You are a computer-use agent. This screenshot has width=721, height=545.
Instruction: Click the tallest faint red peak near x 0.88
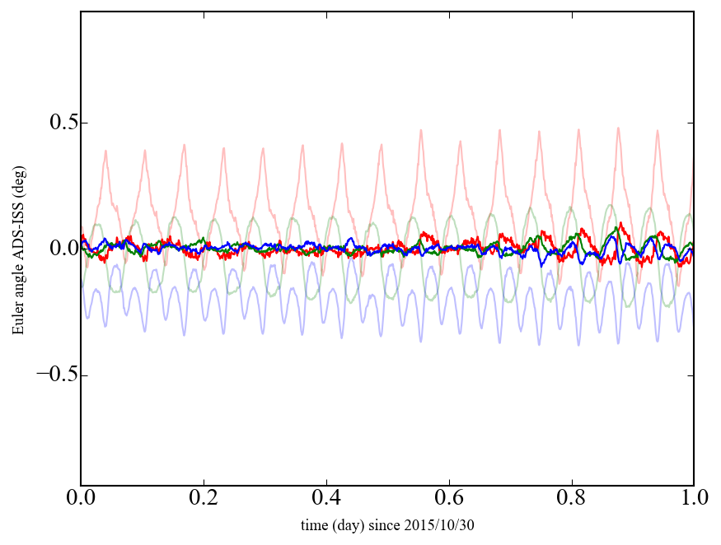pos(618,128)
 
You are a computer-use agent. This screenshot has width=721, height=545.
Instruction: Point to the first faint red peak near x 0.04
pos(105,151)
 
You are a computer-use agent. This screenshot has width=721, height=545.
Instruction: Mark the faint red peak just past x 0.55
pos(420,130)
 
